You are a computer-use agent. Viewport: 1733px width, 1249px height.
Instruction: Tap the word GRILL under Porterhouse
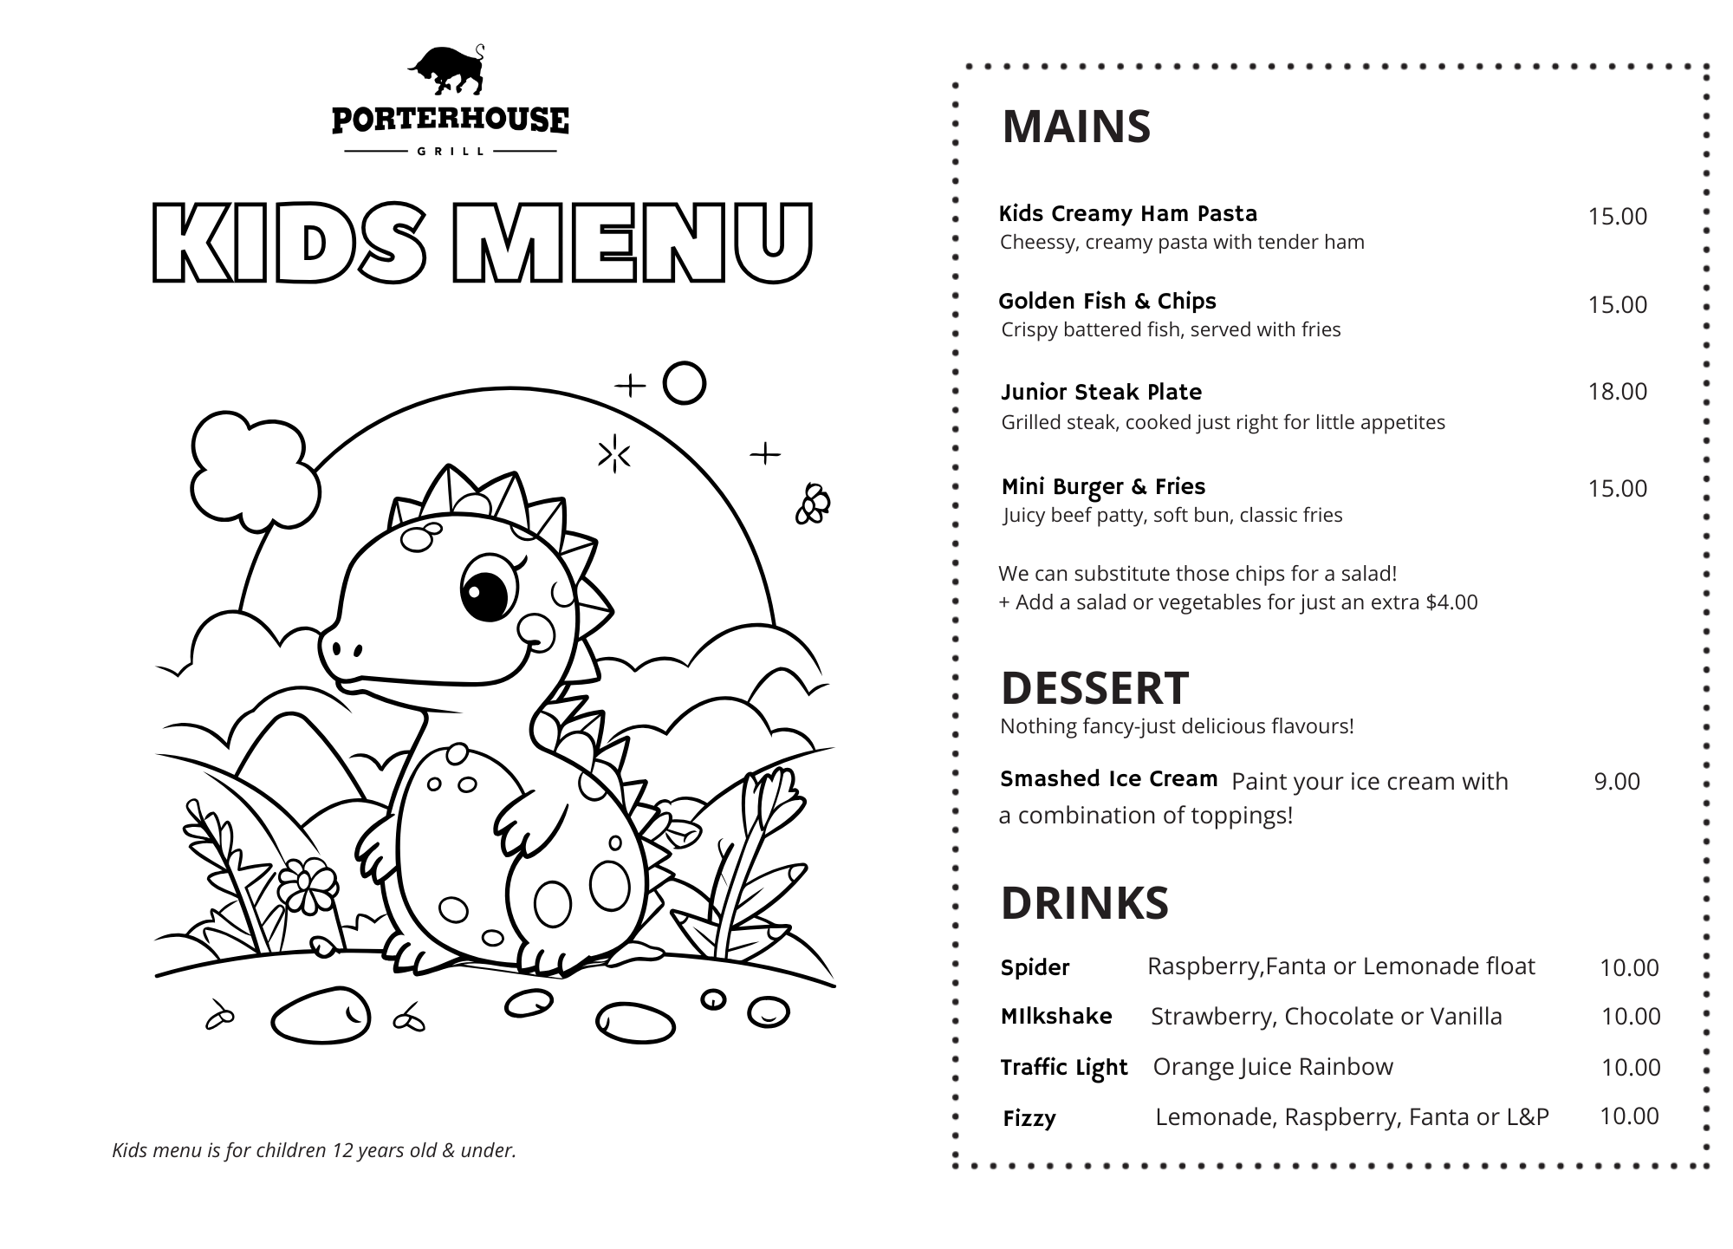[x=451, y=151]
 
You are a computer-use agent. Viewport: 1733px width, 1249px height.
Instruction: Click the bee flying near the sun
[x=814, y=504]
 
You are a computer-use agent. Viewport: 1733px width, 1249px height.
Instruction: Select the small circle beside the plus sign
[x=685, y=383]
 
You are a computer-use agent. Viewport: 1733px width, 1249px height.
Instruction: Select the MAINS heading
[x=1076, y=127]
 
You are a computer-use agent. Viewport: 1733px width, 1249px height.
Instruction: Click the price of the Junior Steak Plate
[x=1617, y=392]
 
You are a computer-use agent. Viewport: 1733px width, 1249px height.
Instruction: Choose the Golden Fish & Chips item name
[x=1107, y=301]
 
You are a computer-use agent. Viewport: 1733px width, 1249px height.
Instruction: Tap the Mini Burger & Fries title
[x=1103, y=486]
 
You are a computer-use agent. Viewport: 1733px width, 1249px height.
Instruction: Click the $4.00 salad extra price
[x=1451, y=602]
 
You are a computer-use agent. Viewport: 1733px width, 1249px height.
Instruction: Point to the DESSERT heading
[x=1094, y=688]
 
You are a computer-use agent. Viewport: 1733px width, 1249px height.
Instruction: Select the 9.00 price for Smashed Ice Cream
[x=1617, y=782]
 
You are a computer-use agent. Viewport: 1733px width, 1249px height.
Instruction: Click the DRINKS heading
[x=1084, y=903]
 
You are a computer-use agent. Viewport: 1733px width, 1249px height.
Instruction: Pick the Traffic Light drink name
[x=1063, y=1067]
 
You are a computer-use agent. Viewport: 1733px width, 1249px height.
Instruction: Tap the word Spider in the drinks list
[x=1035, y=967]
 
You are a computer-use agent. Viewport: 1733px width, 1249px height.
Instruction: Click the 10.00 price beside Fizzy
[x=1629, y=1116]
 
